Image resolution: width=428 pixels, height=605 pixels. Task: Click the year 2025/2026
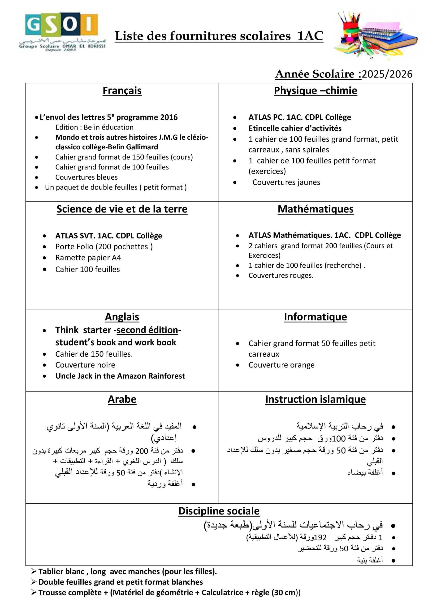pos(387,74)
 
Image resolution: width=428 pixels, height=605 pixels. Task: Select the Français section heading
pos(122,91)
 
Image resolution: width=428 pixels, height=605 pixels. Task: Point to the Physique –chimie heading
pos(316,91)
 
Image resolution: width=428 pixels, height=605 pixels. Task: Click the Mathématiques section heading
pos(316,209)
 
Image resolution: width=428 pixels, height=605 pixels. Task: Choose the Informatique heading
pos(316,317)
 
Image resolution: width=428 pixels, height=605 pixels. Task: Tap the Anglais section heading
pos(122,317)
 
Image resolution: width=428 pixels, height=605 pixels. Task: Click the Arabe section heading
pos(122,399)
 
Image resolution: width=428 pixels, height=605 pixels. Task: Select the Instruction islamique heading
pos(316,399)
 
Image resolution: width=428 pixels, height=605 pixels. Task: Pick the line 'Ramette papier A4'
pos(88,258)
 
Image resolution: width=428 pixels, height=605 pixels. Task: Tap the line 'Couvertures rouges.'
pos(281,276)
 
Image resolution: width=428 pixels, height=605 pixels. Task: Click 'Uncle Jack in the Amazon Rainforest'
pos(120,376)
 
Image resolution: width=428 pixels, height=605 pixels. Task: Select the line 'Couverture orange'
pos(281,365)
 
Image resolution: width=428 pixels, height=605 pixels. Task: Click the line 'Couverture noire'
pos(85,365)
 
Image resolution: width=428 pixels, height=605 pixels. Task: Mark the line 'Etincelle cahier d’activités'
pos(295,128)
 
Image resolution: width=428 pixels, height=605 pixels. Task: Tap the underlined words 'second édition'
pos(147,330)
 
